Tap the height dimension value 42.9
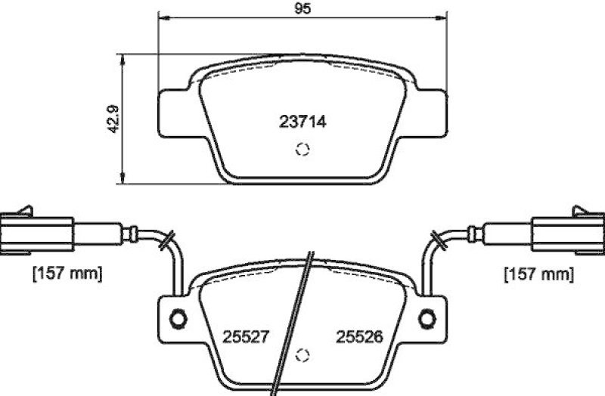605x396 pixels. tap(113, 118)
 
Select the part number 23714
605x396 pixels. tap(302, 121)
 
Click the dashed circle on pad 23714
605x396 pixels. tap(302, 150)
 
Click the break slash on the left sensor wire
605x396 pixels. tap(167, 240)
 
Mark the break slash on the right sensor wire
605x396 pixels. tap(436, 240)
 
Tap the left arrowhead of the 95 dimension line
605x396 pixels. tap(161, 18)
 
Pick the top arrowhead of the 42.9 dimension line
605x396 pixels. tap(123, 57)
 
